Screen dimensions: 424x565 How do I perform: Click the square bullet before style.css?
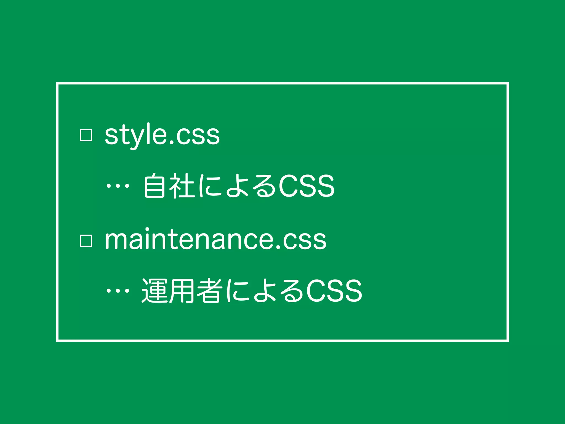coord(86,135)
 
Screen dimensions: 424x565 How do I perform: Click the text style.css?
coord(162,135)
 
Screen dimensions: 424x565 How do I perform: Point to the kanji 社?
coord(182,185)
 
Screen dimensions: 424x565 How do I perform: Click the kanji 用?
coord(182,291)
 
